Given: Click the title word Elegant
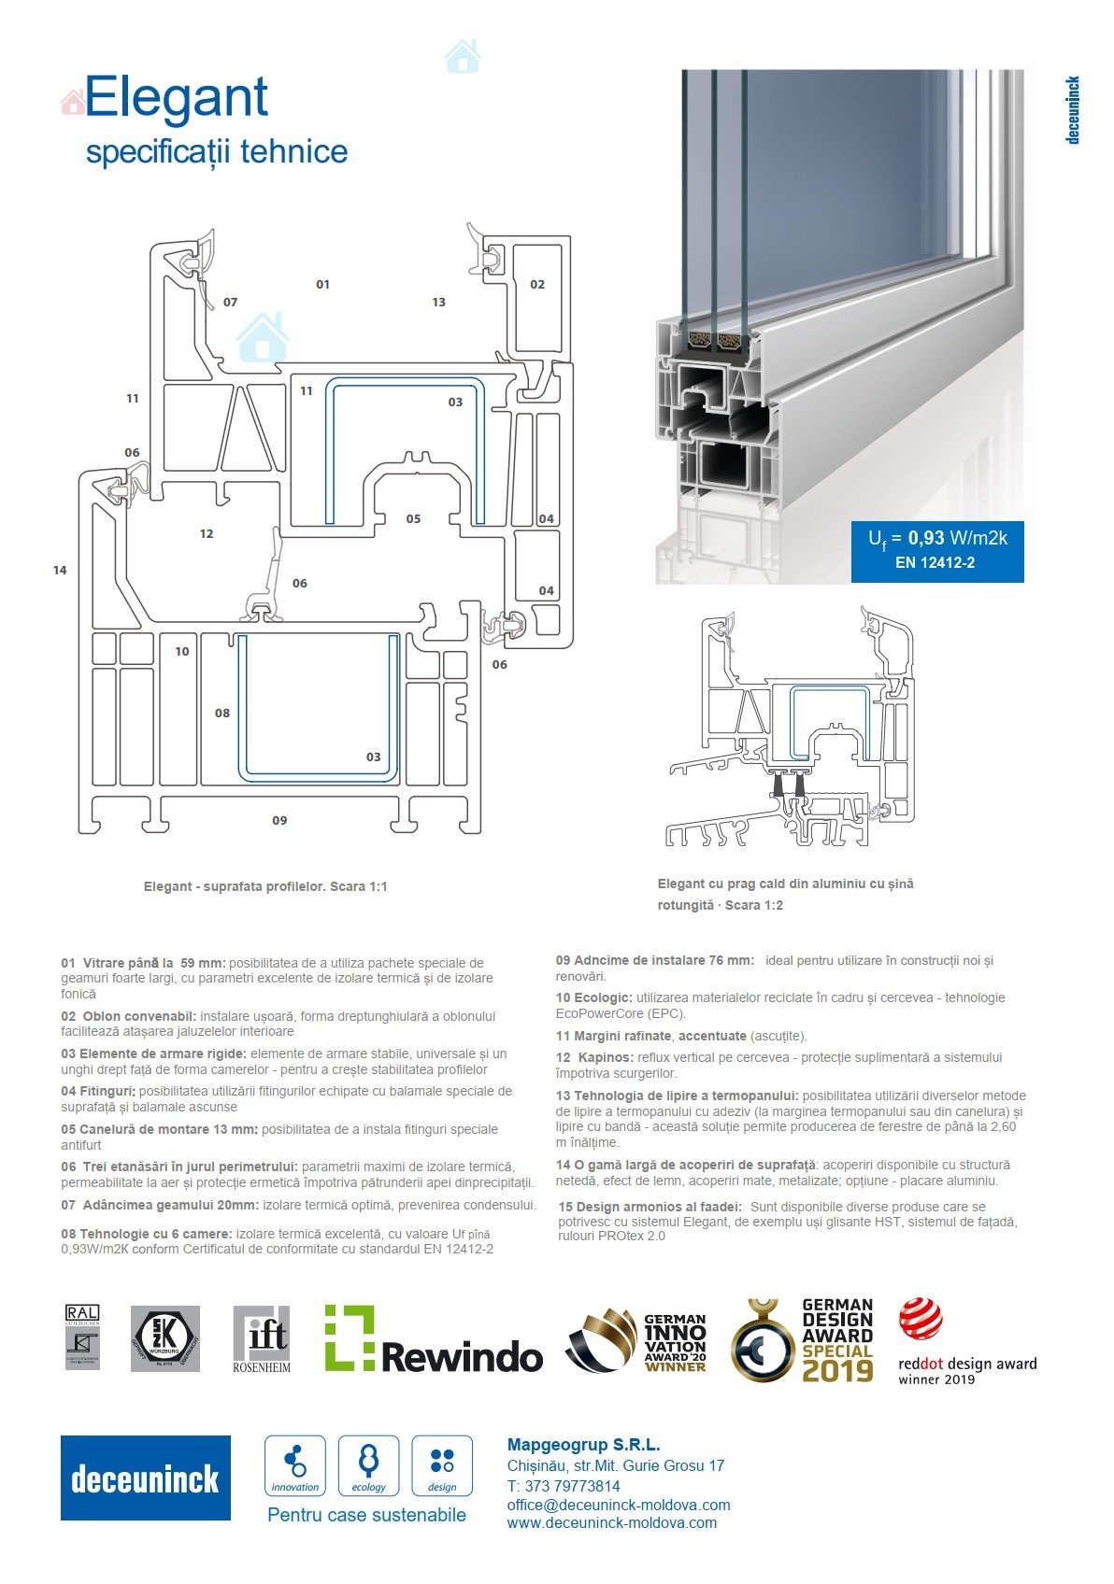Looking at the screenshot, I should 177,98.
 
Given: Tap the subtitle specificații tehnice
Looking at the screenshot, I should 217,151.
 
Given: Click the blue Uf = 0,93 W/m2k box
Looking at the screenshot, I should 936,550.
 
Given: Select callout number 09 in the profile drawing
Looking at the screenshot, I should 279,820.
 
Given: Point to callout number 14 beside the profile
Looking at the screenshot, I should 60,570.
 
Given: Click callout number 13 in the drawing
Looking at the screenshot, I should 438,302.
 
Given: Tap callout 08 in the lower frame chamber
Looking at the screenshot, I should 221,713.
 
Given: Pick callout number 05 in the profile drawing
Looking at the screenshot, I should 413,518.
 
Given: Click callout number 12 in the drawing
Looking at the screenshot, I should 207,534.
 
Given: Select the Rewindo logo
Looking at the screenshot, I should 433,1339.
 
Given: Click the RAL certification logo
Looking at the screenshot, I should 82,1337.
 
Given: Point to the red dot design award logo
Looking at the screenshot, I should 967,1341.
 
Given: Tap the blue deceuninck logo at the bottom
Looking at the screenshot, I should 146,1478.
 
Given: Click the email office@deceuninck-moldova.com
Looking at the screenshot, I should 619,1505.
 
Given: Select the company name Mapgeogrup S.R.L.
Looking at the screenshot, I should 583,1445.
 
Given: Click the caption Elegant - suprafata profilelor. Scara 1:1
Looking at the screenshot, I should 265,886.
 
